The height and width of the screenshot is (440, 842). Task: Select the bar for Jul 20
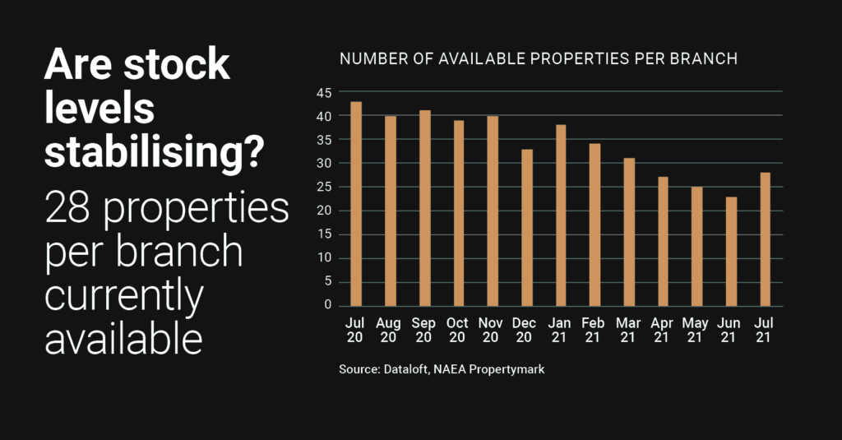pyautogui.click(x=356, y=204)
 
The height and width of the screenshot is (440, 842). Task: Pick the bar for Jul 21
pyautogui.click(x=765, y=239)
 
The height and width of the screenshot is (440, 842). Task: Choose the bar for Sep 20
pyautogui.click(x=424, y=208)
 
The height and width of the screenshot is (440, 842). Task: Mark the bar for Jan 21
pyautogui.click(x=561, y=215)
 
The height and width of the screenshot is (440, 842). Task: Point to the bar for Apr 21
pyautogui.click(x=663, y=241)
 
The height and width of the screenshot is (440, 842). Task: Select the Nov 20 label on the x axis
pyautogui.click(x=492, y=331)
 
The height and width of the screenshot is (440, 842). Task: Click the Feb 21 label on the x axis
pyautogui.click(x=594, y=331)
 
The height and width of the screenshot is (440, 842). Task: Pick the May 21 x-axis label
pyautogui.click(x=696, y=331)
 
